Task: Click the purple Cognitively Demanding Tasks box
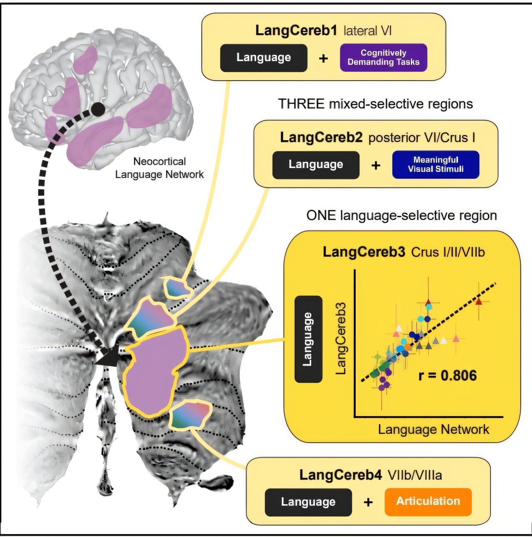(x=383, y=57)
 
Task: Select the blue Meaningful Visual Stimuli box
(x=435, y=164)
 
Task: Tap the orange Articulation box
(x=428, y=502)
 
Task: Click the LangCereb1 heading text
(x=296, y=31)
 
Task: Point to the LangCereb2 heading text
(x=321, y=137)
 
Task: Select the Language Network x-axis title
(x=433, y=429)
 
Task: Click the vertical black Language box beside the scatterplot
(x=308, y=339)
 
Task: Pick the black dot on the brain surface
(x=98, y=109)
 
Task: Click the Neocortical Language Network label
(x=160, y=168)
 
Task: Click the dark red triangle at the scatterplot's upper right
(x=478, y=302)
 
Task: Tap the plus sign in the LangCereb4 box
(x=368, y=502)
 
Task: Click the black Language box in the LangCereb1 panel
(x=264, y=57)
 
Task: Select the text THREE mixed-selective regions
(x=375, y=104)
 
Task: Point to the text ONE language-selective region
(x=401, y=215)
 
